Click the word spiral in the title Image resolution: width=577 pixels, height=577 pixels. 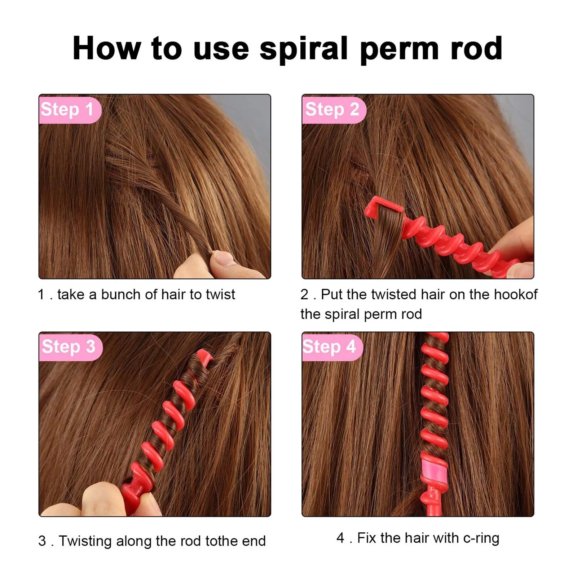[x=303, y=49]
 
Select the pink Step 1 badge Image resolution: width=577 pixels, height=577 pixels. [x=69, y=110]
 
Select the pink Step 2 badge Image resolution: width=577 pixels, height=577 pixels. [x=333, y=110]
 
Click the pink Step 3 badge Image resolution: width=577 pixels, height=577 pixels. [x=69, y=347]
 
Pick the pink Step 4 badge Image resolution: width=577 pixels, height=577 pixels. [x=330, y=347]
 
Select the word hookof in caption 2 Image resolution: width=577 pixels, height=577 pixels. [x=515, y=295]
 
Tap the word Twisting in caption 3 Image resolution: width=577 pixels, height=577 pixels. [x=85, y=541]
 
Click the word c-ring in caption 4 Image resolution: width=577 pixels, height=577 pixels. [x=481, y=538]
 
